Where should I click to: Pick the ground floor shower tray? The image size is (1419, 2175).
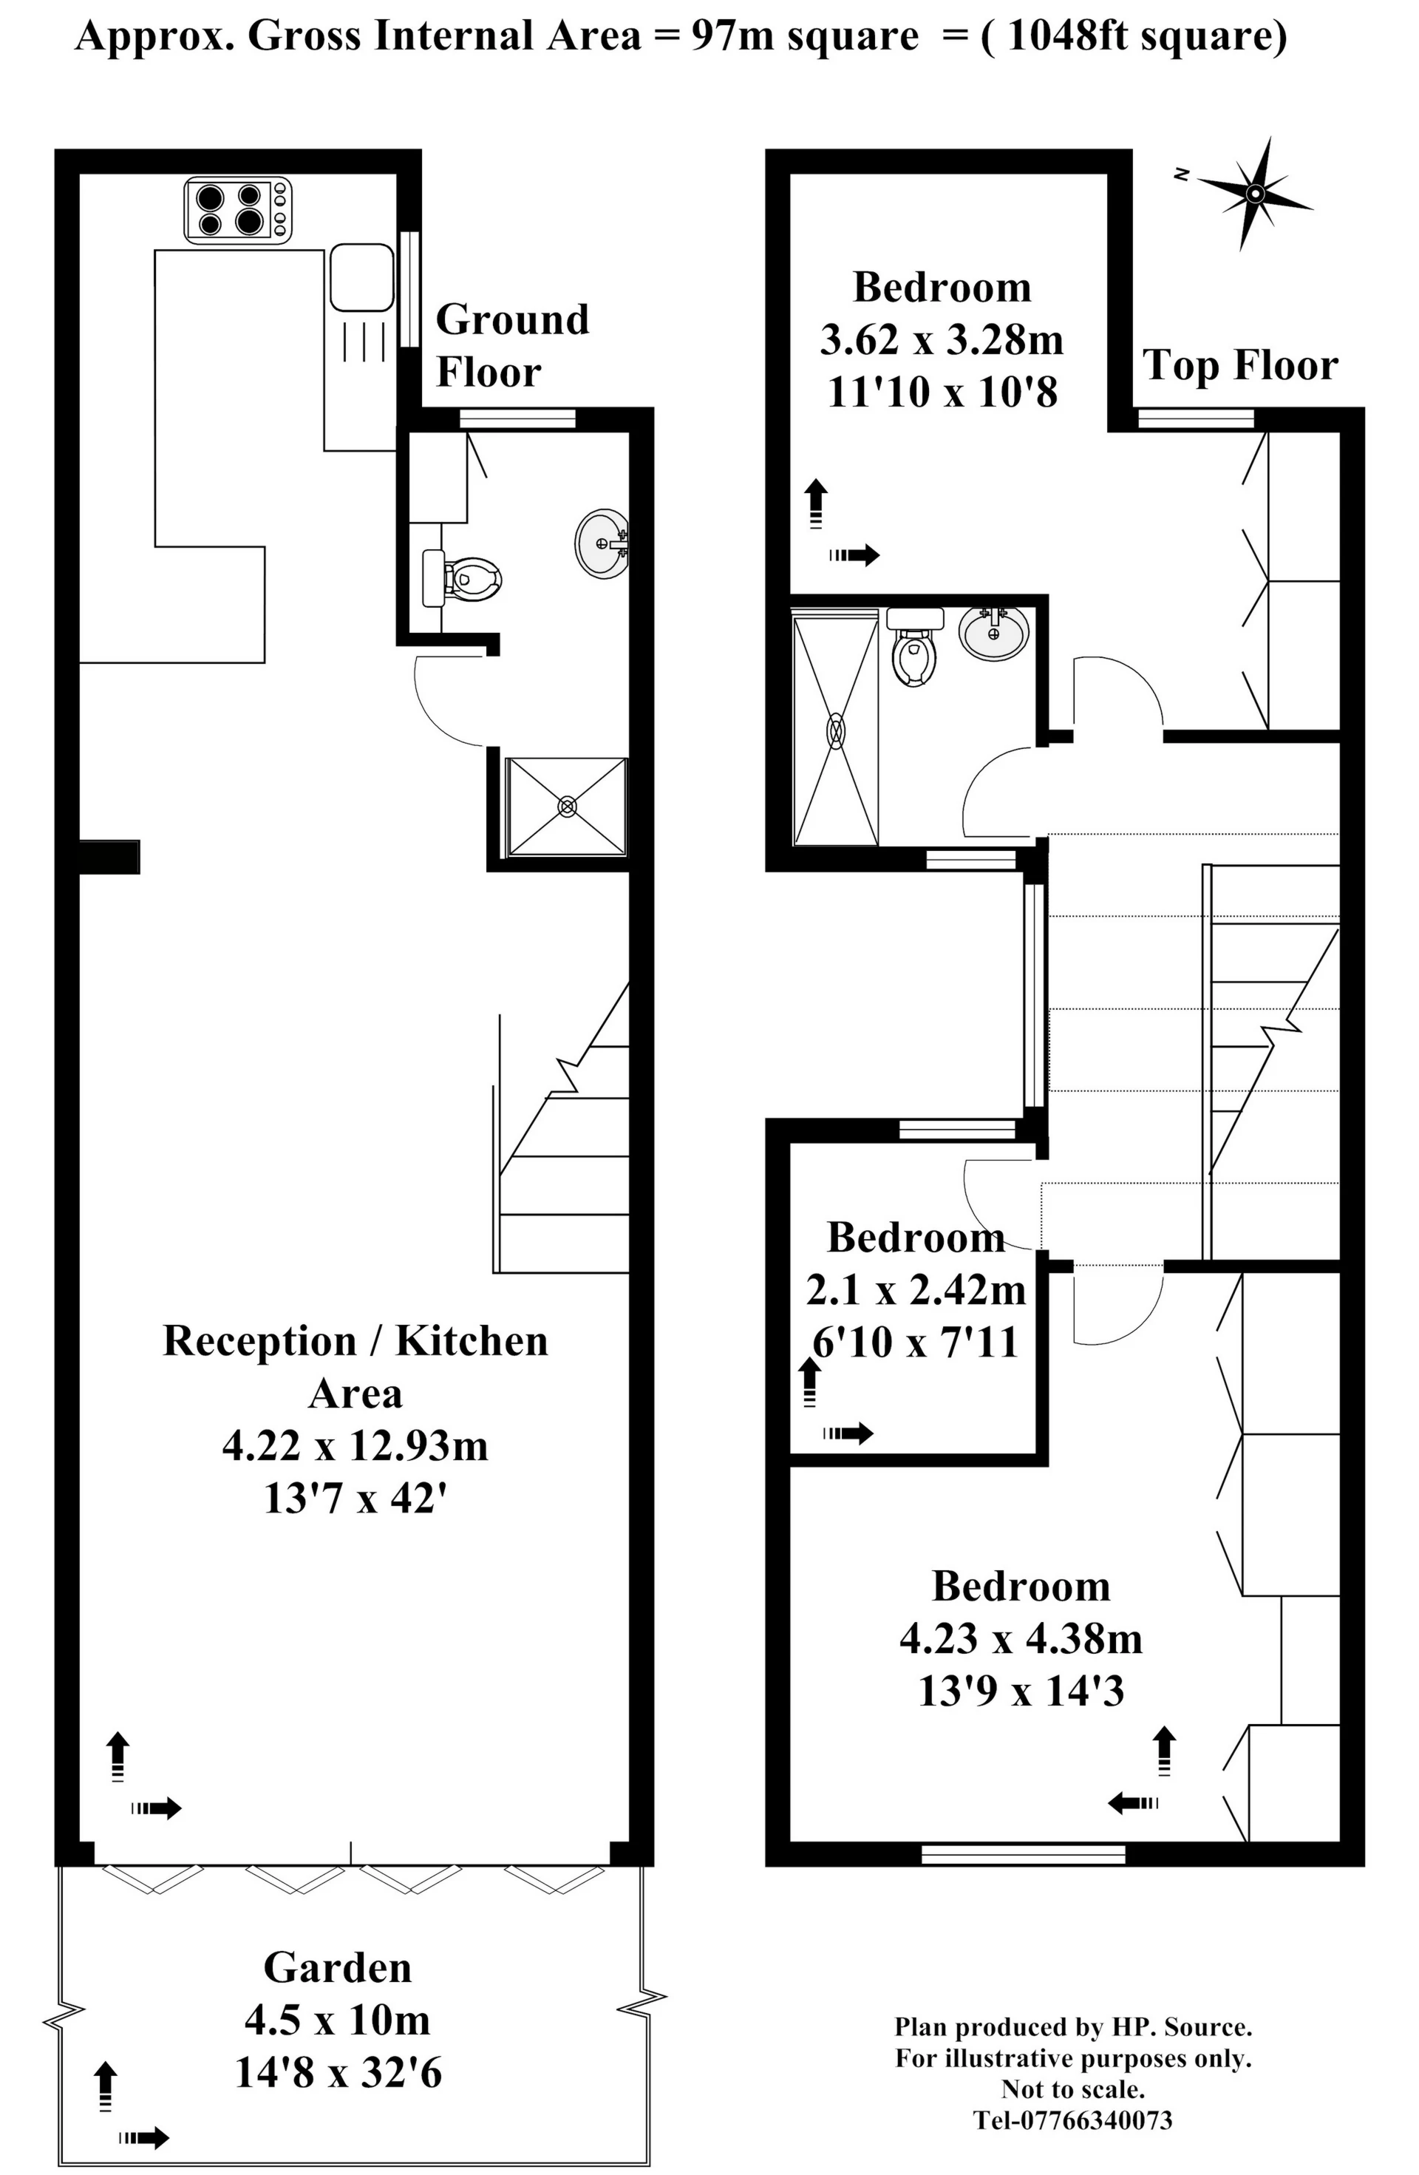[x=568, y=806]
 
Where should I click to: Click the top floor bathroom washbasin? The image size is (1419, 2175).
[x=994, y=631]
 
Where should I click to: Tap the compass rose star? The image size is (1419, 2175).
[x=1254, y=194]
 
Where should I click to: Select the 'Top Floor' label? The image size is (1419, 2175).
[x=1241, y=365]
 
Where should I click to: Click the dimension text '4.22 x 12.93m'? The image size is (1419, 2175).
[x=355, y=1446]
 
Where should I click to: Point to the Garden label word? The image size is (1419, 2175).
[x=338, y=1967]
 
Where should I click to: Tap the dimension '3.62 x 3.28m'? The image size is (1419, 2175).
[x=942, y=340]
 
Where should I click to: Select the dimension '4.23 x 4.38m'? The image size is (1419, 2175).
[x=1021, y=1638]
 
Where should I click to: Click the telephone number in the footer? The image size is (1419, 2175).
[x=1072, y=2120]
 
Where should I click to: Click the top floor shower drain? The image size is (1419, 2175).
[x=836, y=731]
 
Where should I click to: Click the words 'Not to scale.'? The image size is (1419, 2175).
[x=1072, y=2089]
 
